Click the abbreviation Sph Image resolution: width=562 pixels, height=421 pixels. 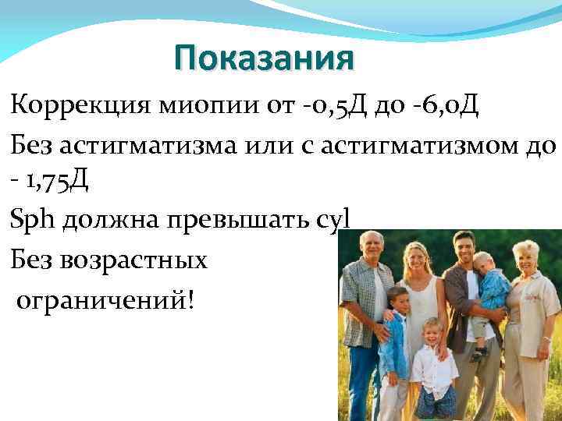click(34, 221)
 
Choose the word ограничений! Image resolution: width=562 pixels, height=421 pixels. click(108, 299)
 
